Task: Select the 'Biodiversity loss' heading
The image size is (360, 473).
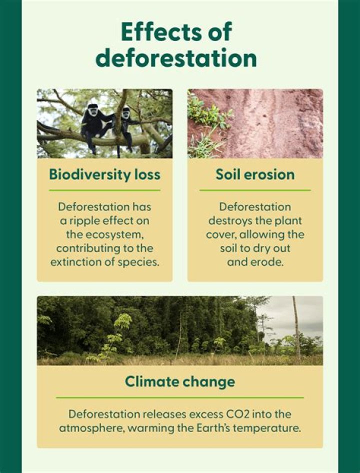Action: [104, 174]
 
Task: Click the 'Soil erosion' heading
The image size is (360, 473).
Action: [255, 174]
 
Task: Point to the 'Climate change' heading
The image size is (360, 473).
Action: [179, 381]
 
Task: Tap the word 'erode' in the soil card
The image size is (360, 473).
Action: [269, 262]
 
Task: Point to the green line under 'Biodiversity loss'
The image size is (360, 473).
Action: [104, 190]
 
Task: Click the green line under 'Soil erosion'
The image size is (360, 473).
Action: [255, 190]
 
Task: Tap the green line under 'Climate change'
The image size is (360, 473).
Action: [179, 397]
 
